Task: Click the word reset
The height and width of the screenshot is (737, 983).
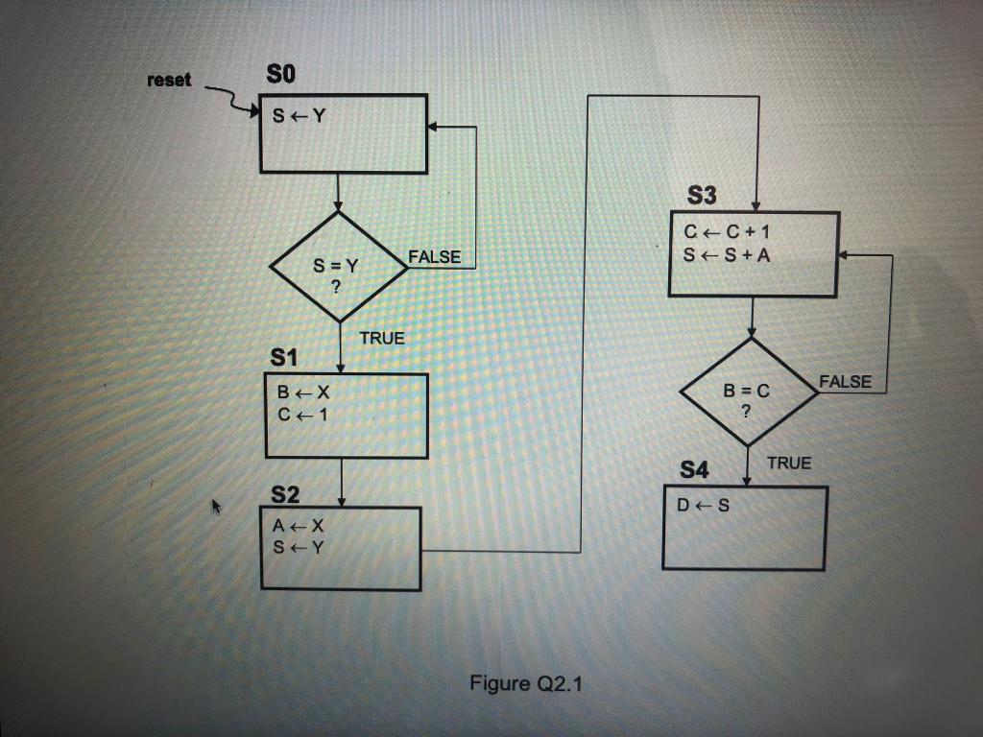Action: pyautogui.click(x=169, y=81)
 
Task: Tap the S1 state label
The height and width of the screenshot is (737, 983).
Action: pyautogui.click(x=285, y=358)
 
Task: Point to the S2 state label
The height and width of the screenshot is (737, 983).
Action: pyautogui.click(x=285, y=495)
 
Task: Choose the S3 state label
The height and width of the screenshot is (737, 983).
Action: pyautogui.click(x=702, y=197)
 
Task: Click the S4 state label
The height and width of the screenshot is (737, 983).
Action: pyautogui.click(x=693, y=470)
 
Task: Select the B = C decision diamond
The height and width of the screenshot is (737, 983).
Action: pyautogui.click(x=748, y=392)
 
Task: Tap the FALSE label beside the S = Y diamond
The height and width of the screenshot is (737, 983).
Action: pyautogui.click(x=435, y=257)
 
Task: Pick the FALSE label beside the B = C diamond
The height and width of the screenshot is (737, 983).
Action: pyautogui.click(x=845, y=382)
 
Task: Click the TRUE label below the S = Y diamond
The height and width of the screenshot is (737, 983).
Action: pyautogui.click(x=382, y=338)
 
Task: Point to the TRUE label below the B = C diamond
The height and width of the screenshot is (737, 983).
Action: pyautogui.click(x=788, y=464)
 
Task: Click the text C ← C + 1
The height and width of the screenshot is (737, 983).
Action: pyautogui.click(x=728, y=232)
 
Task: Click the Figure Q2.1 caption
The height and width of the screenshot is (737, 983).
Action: pyautogui.click(x=526, y=683)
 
